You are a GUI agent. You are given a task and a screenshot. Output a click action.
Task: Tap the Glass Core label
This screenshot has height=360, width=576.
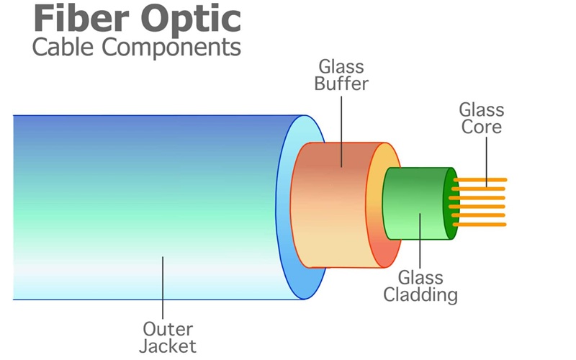tap(482, 119)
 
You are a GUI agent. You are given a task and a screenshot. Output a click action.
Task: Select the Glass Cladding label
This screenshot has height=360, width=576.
tap(420, 285)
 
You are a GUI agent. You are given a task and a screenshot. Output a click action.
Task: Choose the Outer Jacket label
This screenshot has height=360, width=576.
tap(167, 337)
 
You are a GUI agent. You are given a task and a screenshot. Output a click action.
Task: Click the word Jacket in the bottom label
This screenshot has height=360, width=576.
tap(168, 346)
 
